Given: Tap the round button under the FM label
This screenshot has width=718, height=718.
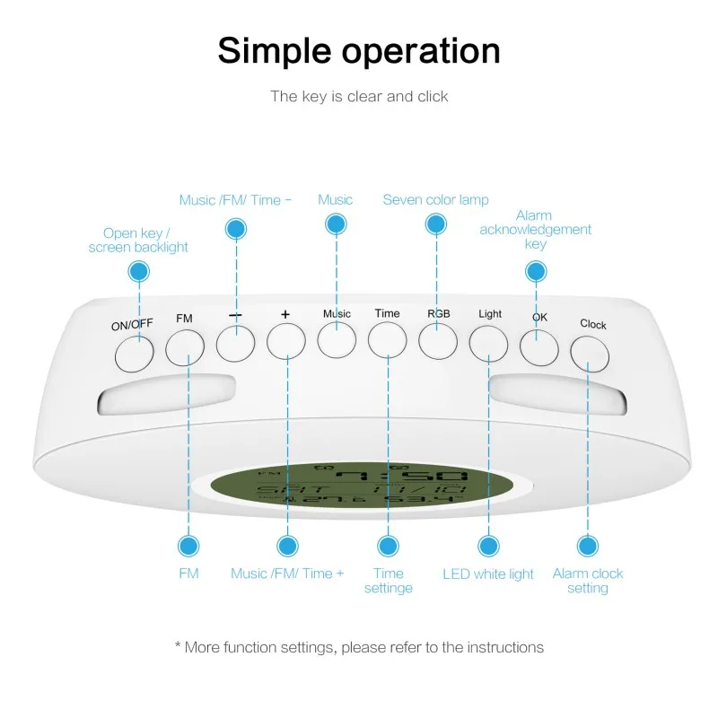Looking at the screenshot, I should [185, 346].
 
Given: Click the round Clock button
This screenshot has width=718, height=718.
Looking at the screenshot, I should [590, 353].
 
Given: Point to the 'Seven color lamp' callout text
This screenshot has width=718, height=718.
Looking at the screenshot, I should [436, 199].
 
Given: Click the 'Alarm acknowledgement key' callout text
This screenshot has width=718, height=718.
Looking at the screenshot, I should [535, 229].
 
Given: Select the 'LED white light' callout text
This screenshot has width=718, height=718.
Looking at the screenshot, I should [488, 574].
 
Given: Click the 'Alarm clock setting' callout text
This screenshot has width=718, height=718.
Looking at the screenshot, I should [588, 581].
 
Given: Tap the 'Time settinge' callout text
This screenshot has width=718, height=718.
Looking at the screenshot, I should [389, 581].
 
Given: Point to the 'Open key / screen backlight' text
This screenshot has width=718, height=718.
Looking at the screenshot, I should [138, 240].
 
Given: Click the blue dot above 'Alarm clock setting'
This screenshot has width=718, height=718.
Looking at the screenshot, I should [588, 545].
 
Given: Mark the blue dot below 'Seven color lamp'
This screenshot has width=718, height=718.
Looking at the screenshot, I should [437, 226].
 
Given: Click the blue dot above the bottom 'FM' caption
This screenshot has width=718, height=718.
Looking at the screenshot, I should [188, 545].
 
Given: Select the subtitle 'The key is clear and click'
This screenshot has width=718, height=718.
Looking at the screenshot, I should [359, 96].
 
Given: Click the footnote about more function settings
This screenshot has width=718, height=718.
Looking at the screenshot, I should [359, 646].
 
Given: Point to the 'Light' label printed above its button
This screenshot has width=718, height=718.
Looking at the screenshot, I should [490, 314].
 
